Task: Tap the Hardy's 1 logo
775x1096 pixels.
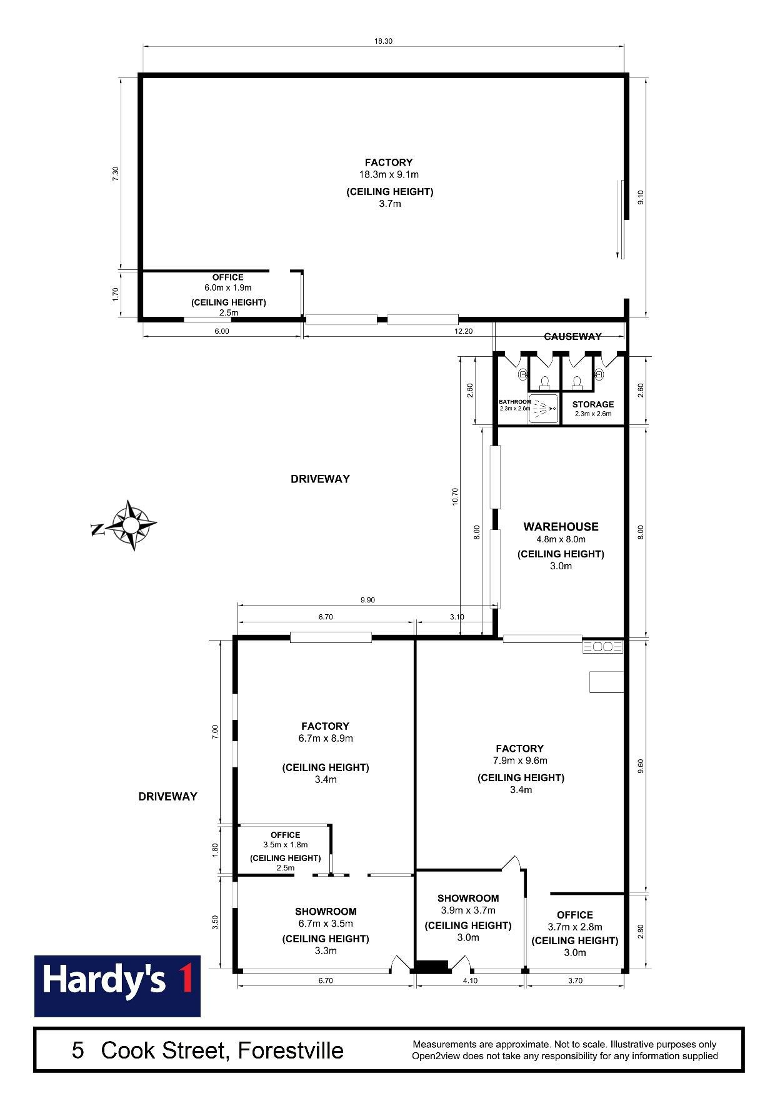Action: (x=117, y=986)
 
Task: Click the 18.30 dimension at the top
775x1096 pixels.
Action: (x=383, y=41)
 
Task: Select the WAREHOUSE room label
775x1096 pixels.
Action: (x=561, y=527)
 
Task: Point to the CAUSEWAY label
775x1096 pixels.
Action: (x=572, y=336)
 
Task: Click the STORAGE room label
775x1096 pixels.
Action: (x=593, y=404)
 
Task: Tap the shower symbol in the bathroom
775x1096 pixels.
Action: (x=543, y=408)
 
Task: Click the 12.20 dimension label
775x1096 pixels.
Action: (x=464, y=331)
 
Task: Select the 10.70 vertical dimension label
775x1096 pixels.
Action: (x=455, y=496)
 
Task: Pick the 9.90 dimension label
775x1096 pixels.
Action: (x=367, y=600)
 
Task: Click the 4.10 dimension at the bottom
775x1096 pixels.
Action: (x=470, y=980)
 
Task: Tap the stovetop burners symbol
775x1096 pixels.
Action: (x=603, y=647)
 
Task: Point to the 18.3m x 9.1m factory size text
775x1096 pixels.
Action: (x=389, y=174)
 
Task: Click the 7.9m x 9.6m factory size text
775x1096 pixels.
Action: (x=520, y=760)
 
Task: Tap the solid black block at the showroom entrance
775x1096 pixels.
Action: (x=432, y=966)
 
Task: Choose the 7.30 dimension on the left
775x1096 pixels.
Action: (x=115, y=174)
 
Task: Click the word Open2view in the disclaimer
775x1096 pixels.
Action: (x=436, y=1056)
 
